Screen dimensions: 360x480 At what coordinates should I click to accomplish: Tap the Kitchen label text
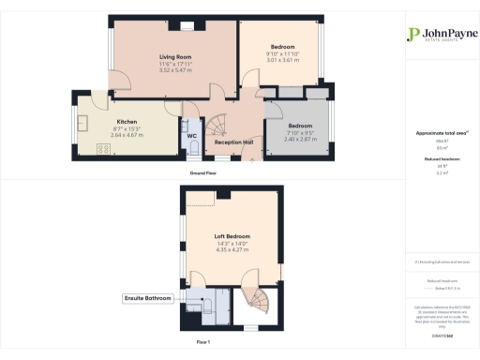[x=127, y=122]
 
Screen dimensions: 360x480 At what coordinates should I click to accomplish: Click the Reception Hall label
[x=234, y=142]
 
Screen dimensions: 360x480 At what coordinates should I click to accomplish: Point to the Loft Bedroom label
[x=232, y=234]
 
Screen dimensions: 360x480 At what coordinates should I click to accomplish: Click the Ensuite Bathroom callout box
[x=149, y=298]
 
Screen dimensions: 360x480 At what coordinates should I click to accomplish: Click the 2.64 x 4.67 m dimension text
[x=127, y=134]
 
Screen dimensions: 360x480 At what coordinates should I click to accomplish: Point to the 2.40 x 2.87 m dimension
[x=300, y=138]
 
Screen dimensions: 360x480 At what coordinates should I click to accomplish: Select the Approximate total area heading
[x=441, y=133]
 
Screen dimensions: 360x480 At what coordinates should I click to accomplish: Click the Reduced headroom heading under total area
[x=441, y=160]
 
